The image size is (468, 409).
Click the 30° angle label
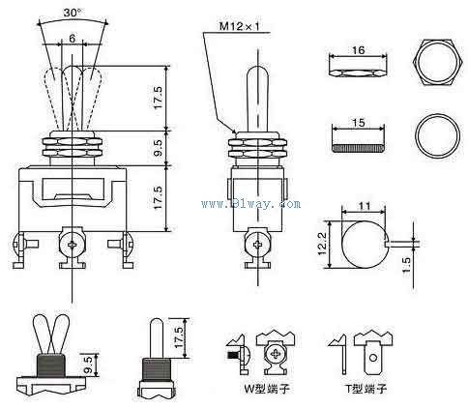(73, 13)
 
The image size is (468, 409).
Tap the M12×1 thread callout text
(240, 26)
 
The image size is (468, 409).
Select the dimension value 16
(358, 50)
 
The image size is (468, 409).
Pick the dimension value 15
(358, 123)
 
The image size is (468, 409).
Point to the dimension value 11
(365, 206)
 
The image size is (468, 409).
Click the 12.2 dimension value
(323, 244)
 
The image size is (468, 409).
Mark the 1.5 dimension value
(407, 265)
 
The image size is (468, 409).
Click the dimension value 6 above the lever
(72, 39)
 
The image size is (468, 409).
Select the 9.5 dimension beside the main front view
(159, 148)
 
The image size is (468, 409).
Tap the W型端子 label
(267, 389)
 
